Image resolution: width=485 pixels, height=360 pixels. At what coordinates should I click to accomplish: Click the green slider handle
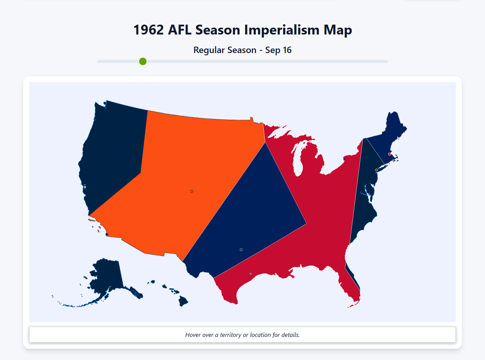pos(143,61)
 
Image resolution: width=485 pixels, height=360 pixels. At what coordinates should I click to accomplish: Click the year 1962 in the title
pos(148,30)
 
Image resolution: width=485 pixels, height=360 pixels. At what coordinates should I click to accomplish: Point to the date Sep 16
pos(278,50)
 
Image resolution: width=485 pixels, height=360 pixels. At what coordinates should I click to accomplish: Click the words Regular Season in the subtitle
pos(225,50)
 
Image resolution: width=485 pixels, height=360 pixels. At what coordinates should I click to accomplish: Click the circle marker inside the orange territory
pos(192,191)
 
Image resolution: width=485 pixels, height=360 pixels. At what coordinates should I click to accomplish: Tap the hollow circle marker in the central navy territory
pos(241,249)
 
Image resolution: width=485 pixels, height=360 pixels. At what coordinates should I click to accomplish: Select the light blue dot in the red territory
pos(250,274)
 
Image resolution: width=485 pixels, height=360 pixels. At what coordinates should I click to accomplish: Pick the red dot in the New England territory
pos(390,154)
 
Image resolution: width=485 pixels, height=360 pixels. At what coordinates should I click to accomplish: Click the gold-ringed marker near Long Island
pos(376,170)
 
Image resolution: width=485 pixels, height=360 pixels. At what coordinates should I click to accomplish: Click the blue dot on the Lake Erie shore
pos(344,160)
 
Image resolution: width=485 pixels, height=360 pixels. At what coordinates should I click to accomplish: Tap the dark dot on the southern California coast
pos(107,234)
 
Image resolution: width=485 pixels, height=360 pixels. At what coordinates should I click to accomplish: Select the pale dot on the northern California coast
pos(85,187)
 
